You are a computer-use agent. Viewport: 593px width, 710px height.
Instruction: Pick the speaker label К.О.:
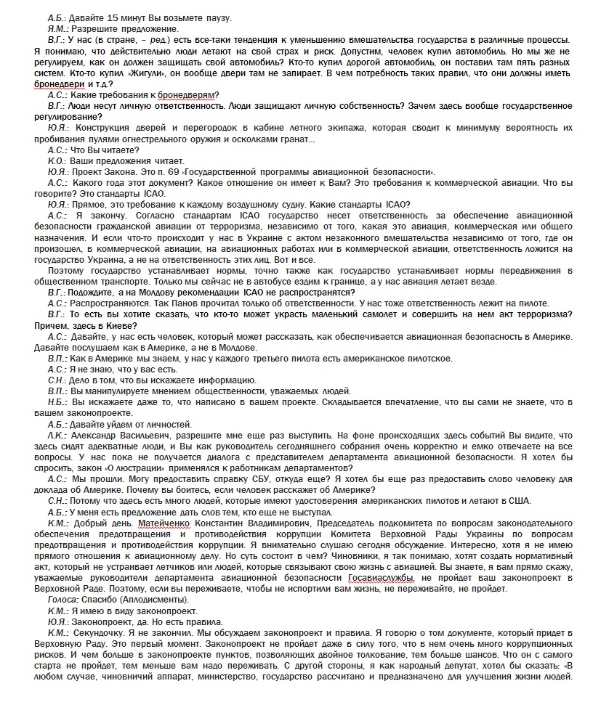57,160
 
